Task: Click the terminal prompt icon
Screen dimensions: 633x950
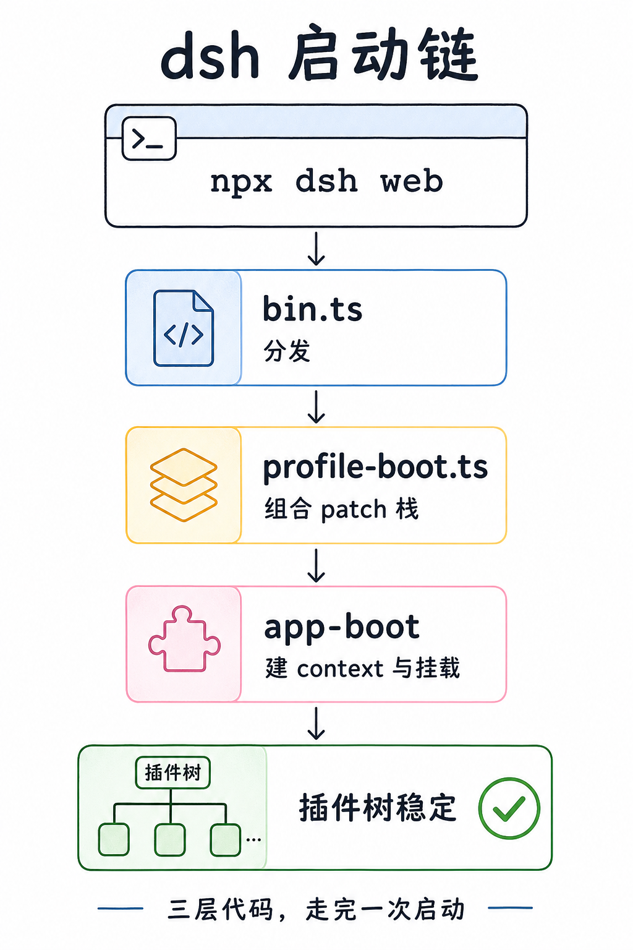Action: click(149, 139)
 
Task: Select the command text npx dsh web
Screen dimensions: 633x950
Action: click(326, 181)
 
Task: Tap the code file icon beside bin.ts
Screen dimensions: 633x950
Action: click(183, 328)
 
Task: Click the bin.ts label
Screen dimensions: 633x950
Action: click(312, 309)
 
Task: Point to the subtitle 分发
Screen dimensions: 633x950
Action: click(287, 351)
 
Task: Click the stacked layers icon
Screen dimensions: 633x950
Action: click(184, 485)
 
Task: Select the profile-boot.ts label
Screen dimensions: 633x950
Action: click(375, 467)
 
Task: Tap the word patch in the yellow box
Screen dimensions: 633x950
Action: click(354, 510)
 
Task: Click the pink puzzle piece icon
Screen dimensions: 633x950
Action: click(184, 639)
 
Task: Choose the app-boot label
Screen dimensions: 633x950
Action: click(342, 627)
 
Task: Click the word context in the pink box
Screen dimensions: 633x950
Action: click(340, 669)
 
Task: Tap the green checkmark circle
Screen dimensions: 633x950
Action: click(509, 808)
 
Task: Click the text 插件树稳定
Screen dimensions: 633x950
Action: click(377, 808)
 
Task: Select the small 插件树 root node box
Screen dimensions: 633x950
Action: click(172, 772)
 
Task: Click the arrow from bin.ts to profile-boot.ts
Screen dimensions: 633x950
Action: click(316, 407)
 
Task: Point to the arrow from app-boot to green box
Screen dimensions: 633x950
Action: click(316, 724)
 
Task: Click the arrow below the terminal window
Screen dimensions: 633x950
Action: click(316, 249)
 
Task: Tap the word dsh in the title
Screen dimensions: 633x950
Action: click(210, 55)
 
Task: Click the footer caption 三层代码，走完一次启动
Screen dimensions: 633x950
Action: click(316, 909)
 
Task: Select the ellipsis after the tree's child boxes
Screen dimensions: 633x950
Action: click(253, 839)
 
